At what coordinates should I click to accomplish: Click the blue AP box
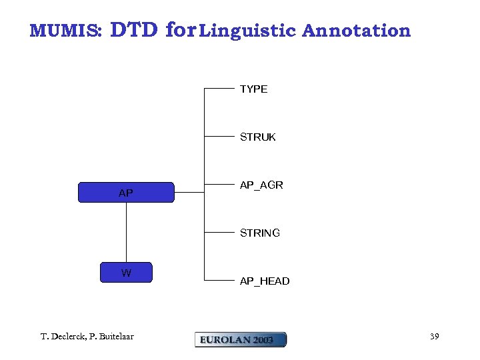click(x=126, y=192)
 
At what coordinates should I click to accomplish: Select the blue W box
click(x=126, y=273)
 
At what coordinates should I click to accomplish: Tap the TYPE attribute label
click(x=253, y=89)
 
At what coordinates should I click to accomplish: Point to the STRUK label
click(x=257, y=137)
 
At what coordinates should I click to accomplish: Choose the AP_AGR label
click(x=261, y=185)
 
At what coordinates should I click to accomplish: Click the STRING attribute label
click(x=259, y=233)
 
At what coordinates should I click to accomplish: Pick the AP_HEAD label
click(x=265, y=281)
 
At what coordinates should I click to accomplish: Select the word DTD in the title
click(x=133, y=30)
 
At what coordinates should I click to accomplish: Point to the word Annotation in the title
click(x=356, y=31)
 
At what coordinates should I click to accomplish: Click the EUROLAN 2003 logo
click(x=240, y=339)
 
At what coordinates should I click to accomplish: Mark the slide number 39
click(x=434, y=337)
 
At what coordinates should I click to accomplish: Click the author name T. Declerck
click(x=63, y=337)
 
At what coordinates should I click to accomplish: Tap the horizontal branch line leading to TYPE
click(x=220, y=88)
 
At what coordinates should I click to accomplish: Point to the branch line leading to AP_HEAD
click(x=220, y=280)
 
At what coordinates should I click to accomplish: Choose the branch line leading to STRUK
click(x=220, y=136)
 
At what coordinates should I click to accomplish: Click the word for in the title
click(x=180, y=30)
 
